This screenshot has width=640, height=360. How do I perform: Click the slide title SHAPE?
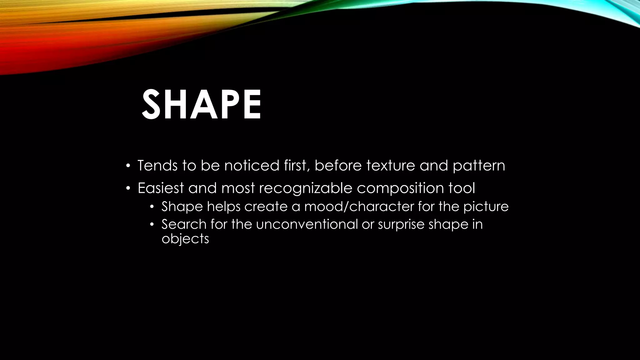[202, 104]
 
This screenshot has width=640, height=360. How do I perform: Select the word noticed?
[252, 165]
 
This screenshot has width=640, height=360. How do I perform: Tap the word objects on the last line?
[185, 239]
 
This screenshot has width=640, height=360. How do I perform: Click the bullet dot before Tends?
[127, 166]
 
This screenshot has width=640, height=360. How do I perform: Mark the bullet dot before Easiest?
[127, 189]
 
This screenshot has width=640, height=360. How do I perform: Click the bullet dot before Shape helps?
[152, 207]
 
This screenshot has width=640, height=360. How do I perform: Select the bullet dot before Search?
[152, 225]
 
